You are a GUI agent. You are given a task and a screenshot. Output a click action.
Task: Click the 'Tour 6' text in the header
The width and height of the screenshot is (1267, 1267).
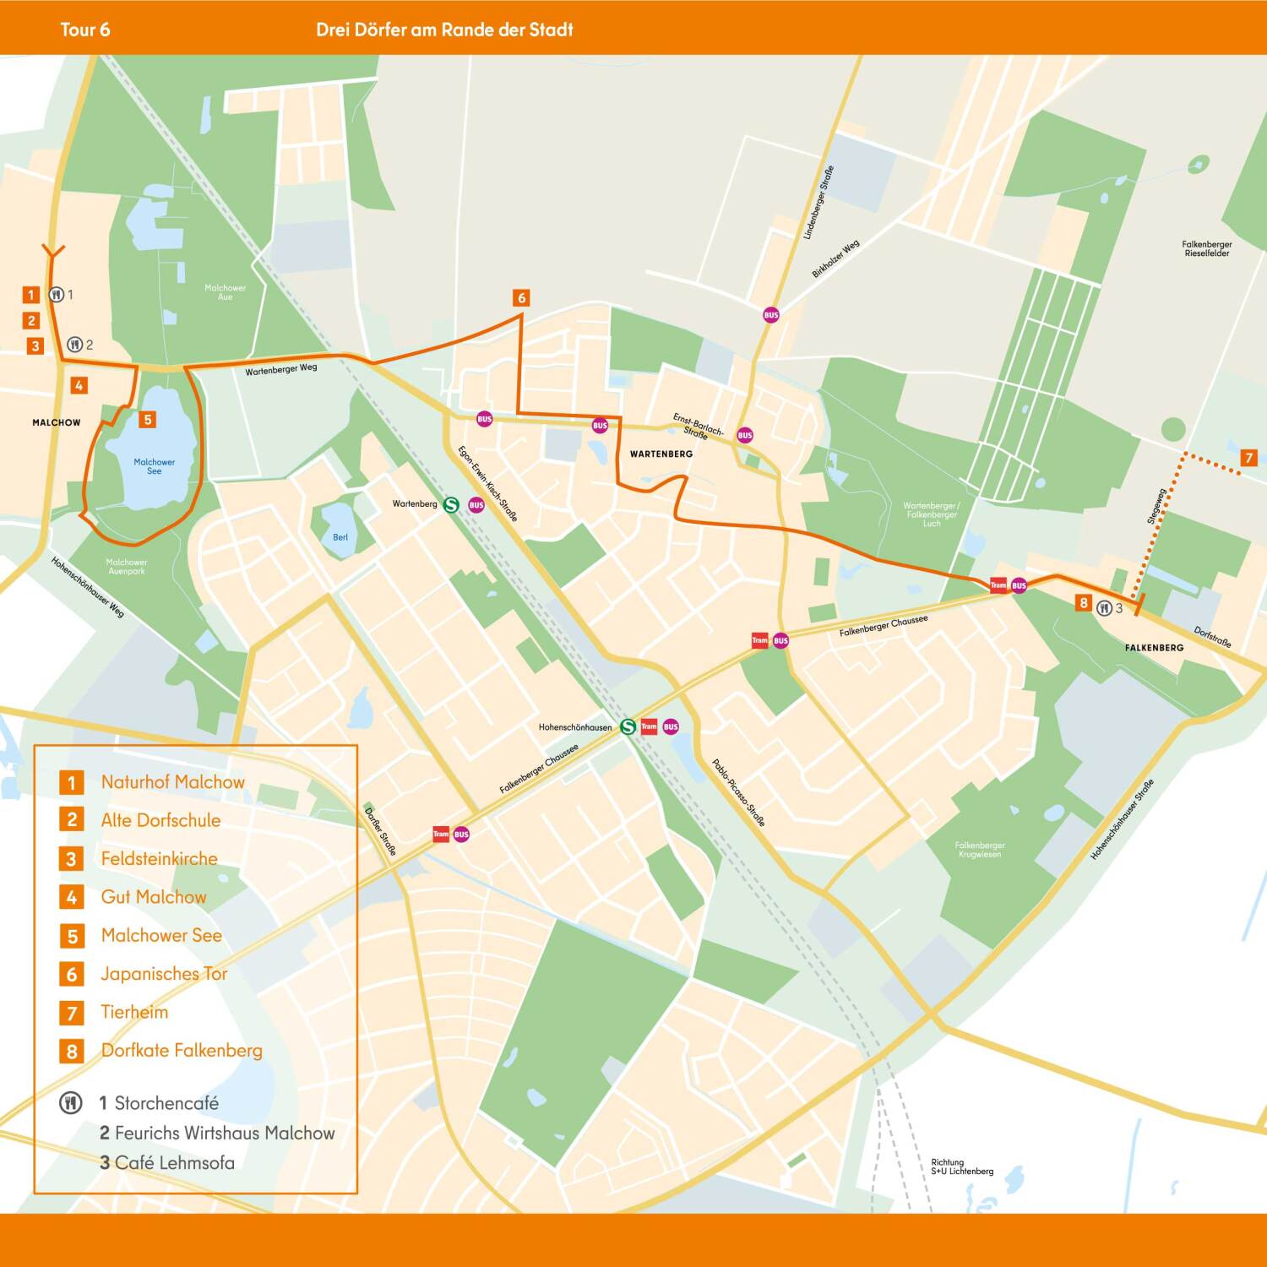coord(84,30)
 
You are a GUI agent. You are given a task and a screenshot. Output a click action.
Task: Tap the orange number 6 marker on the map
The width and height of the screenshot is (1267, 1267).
coord(521,297)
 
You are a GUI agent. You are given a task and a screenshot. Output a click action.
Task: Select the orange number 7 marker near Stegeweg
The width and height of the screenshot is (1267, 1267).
coord(1248,458)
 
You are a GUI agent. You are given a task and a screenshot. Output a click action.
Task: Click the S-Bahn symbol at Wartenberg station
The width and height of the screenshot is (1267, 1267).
coord(451,504)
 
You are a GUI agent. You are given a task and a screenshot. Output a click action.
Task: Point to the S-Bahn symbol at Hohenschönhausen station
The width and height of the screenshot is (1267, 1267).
coord(628,726)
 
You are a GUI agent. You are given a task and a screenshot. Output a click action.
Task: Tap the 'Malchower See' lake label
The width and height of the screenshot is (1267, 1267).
coord(154,466)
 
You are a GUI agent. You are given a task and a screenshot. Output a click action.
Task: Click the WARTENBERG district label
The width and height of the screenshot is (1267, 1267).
coord(661,454)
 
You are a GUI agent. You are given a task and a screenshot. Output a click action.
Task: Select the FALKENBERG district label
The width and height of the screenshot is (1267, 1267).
coord(1154,648)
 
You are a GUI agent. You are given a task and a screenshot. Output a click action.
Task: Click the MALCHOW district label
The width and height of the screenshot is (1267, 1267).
coord(57,422)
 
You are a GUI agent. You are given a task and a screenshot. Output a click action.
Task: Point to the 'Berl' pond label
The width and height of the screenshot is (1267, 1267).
coord(340,537)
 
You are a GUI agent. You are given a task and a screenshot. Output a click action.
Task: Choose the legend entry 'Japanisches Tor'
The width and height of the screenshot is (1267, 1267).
coord(164,974)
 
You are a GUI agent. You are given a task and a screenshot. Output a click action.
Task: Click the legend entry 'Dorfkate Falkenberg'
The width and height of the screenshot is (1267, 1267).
coord(182,1051)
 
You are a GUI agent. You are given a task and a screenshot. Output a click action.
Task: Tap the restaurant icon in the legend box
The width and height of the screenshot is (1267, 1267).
coord(71,1103)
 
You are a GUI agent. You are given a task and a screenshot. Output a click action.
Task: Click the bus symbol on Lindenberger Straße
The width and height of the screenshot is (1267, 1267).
coord(770,315)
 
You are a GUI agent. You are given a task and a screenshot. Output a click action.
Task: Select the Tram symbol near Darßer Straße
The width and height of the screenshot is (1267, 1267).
coord(441,835)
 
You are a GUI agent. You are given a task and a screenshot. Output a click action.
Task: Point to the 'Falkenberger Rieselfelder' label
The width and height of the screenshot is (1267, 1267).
coord(1206,248)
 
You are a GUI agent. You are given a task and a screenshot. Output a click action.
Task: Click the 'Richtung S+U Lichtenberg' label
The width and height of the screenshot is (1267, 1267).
coord(961,1166)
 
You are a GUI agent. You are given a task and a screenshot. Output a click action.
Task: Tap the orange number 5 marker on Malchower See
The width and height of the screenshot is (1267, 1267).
coord(147,419)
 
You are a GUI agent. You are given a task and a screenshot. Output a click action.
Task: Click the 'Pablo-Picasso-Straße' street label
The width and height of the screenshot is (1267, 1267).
coord(737,792)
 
